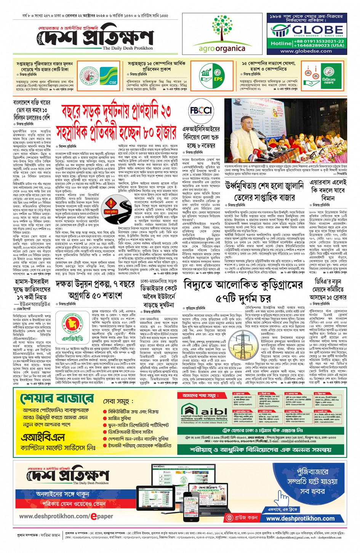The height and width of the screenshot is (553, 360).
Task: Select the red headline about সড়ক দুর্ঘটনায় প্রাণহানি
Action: [117, 121]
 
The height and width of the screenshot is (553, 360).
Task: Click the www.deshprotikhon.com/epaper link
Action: [66, 516]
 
